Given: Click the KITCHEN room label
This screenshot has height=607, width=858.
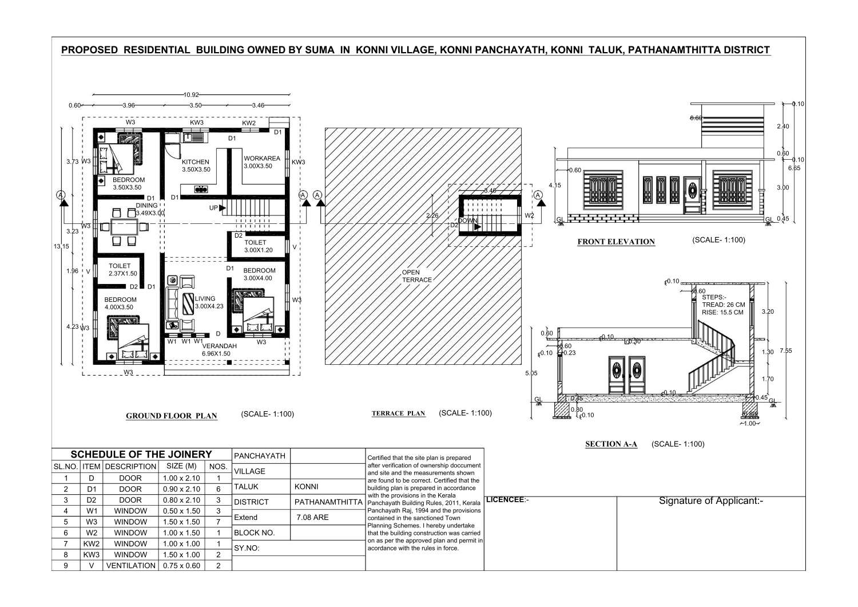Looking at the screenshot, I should (195, 162).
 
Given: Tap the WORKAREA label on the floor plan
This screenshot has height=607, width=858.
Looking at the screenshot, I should (262, 159).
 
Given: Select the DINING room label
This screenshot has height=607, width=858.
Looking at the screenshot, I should (146, 206).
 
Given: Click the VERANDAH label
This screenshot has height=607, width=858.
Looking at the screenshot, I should (219, 346).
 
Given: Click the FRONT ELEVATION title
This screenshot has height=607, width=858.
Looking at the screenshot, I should (616, 242).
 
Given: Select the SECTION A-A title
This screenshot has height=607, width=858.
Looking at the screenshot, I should (611, 444).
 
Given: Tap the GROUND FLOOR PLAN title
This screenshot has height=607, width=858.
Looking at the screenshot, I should (171, 416).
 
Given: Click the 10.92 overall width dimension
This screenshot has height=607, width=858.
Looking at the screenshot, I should (191, 94).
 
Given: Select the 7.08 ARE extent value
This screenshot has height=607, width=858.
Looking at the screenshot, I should (312, 518).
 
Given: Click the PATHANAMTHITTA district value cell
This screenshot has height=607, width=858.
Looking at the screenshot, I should (328, 502).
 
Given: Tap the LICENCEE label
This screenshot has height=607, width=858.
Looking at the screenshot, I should (506, 500).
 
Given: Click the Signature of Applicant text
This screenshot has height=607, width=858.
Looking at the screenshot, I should (711, 501).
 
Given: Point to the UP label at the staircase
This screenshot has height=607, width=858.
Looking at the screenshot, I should (213, 208).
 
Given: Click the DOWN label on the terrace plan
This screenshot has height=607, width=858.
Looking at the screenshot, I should (467, 220).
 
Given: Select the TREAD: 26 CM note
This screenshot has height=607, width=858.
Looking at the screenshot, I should (723, 305).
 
